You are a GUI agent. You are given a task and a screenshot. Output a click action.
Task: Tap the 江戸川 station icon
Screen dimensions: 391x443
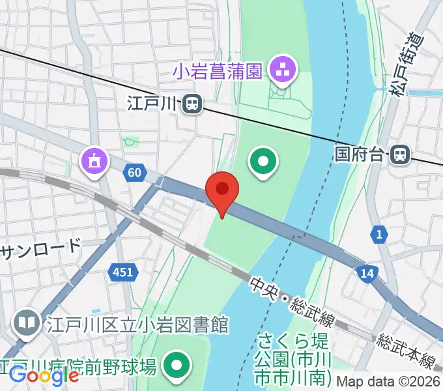point(192,103)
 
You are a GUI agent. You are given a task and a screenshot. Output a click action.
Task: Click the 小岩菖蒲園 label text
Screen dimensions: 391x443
point(218,70)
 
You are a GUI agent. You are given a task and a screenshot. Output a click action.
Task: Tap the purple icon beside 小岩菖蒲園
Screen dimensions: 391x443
point(282,71)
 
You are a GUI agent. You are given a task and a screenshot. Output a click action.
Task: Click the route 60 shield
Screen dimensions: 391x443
point(134,173)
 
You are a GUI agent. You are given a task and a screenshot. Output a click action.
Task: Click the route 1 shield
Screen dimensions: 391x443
point(378,233)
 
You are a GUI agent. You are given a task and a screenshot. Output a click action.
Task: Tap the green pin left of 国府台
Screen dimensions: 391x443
point(264,160)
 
